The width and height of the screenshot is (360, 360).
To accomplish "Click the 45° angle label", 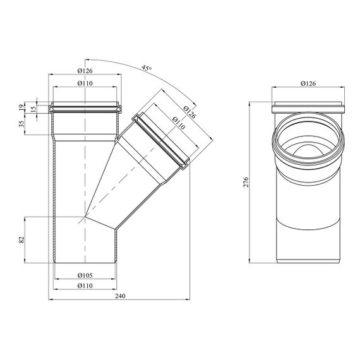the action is pos(147,68).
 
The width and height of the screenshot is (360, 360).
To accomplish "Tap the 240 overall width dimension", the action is pos(120,296).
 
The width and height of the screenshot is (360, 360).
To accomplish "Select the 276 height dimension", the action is pos(246,182).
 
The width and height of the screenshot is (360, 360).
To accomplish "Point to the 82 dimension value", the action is pos(21,240).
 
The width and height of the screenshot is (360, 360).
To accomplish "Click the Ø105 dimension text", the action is pos(85,275).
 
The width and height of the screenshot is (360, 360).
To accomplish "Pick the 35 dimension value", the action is pos(21,124).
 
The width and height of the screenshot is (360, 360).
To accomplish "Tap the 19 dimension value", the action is pos(21,107).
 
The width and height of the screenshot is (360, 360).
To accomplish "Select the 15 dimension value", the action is pos(33,109).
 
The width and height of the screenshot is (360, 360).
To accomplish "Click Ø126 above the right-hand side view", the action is pos(308,83).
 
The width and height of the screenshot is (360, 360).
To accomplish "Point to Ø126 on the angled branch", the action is pos(189,112).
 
